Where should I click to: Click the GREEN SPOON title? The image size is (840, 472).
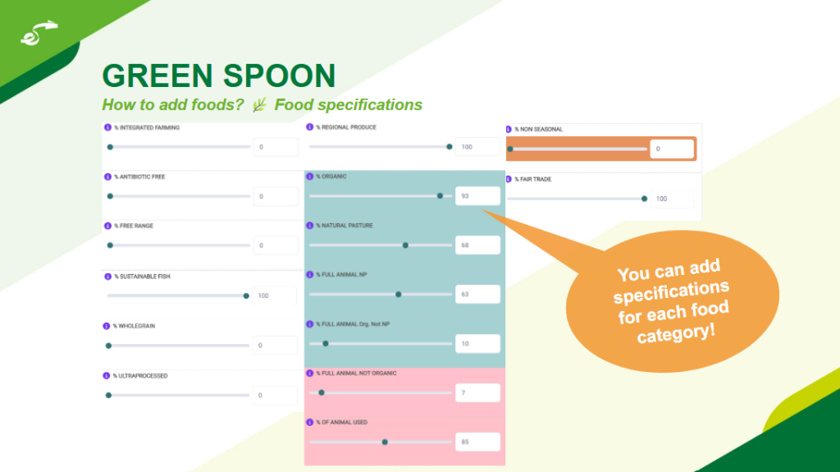click(x=218, y=76)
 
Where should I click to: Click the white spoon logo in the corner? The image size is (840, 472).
click(x=39, y=34)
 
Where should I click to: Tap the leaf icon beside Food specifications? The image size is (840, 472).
click(x=259, y=104)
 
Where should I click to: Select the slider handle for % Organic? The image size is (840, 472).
click(x=440, y=195)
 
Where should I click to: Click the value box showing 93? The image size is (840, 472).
click(x=477, y=195)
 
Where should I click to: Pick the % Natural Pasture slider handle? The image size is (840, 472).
click(x=405, y=245)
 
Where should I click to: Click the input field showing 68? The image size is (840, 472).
click(x=477, y=245)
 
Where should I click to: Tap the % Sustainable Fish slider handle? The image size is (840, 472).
click(x=246, y=296)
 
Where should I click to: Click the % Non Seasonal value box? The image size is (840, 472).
click(x=672, y=149)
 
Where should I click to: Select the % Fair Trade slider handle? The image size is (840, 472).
click(x=645, y=199)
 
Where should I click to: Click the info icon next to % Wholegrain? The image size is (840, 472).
click(x=106, y=326)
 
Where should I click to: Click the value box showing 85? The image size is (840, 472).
click(x=477, y=442)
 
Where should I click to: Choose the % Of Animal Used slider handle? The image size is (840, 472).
click(x=385, y=442)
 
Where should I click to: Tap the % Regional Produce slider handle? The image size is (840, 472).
click(x=450, y=146)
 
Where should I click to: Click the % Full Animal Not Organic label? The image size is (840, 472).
click(x=356, y=373)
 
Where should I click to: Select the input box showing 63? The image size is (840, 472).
click(x=477, y=294)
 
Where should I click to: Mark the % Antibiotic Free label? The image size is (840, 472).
click(x=139, y=176)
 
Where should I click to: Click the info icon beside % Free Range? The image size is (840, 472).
click(x=107, y=226)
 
